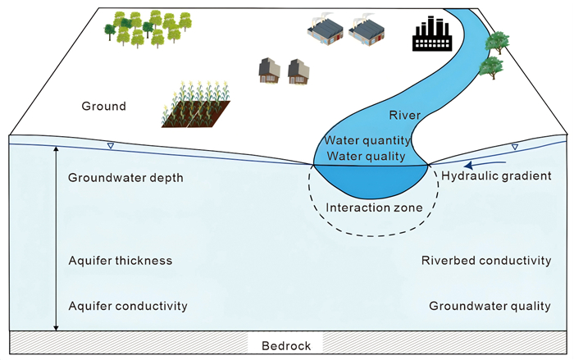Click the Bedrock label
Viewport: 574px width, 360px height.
(x=286, y=346)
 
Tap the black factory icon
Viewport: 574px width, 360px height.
(x=431, y=35)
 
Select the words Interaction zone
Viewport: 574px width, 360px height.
(x=374, y=207)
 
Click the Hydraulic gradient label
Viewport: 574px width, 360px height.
(x=495, y=175)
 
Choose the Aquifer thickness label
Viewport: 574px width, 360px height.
(x=121, y=261)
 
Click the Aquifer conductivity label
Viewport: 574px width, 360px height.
(x=128, y=306)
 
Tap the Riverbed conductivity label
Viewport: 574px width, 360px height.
(x=485, y=261)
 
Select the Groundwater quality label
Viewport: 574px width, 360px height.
(x=490, y=306)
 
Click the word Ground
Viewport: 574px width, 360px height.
(x=104, y=106)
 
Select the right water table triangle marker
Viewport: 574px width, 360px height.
(x=514, y=148)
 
